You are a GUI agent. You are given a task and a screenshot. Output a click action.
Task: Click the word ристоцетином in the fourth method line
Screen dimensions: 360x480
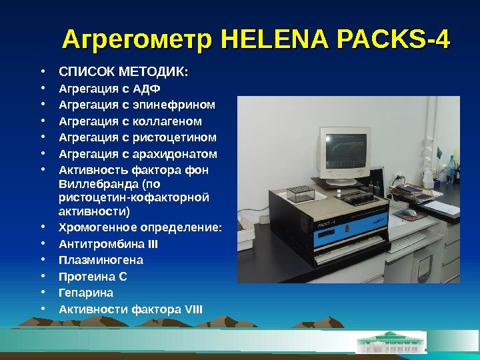coord(176,138)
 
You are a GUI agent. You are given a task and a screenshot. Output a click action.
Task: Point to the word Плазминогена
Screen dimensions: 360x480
coord(101,260)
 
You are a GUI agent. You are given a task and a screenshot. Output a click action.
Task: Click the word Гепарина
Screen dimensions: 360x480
coord(86,293)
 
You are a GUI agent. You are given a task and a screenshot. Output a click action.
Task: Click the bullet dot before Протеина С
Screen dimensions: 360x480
coord(42,276)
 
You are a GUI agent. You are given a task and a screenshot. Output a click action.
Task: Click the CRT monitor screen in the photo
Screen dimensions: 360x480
coord(345,151)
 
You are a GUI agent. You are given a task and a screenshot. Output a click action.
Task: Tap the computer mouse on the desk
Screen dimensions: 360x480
coord(411,213)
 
